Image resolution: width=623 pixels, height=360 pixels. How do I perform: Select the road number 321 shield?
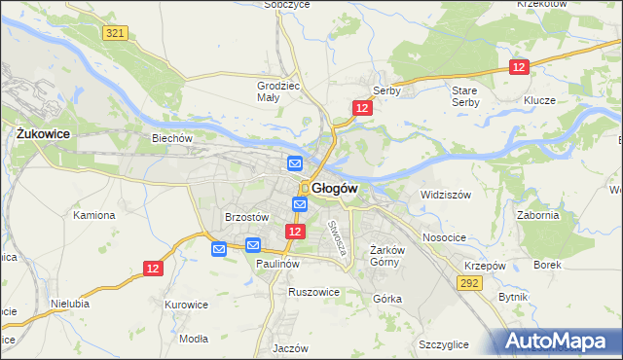click(x=115, y=33)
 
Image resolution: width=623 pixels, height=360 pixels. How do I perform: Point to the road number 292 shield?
click(x=469, y=281)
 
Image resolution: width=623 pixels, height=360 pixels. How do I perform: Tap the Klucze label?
click(x=538, y=101)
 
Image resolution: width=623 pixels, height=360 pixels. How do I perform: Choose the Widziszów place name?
click(x=445, y=195)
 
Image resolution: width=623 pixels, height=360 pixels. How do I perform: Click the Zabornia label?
click(x=538, y=216)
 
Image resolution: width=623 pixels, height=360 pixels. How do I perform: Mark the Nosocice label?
click(x=444, y=237)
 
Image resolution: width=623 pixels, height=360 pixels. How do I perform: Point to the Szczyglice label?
click(x=444, y=344)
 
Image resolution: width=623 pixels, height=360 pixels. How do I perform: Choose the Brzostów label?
click(x=246, y=217)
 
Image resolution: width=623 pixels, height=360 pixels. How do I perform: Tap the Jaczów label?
click(x=290, y=348)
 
